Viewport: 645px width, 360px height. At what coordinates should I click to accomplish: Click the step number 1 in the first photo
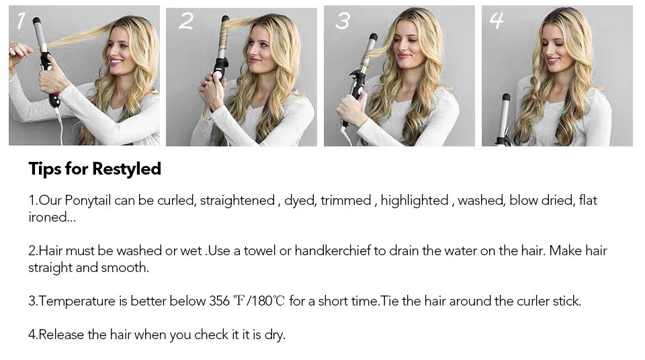tap(21, 21)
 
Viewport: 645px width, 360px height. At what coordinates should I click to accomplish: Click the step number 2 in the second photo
tap(185, 21)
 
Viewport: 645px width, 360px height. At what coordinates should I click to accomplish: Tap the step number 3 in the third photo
tap(343, 21)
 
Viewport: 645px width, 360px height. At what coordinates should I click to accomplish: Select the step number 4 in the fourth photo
tap(497, 21)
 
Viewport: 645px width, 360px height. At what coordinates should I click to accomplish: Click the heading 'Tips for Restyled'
tap(95, 169)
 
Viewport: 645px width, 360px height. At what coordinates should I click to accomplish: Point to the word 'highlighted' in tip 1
tap(414, 200)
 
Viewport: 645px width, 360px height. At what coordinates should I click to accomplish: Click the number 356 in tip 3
tap(219, 301)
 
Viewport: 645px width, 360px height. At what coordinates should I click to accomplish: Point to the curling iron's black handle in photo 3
tap(356, 91)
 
